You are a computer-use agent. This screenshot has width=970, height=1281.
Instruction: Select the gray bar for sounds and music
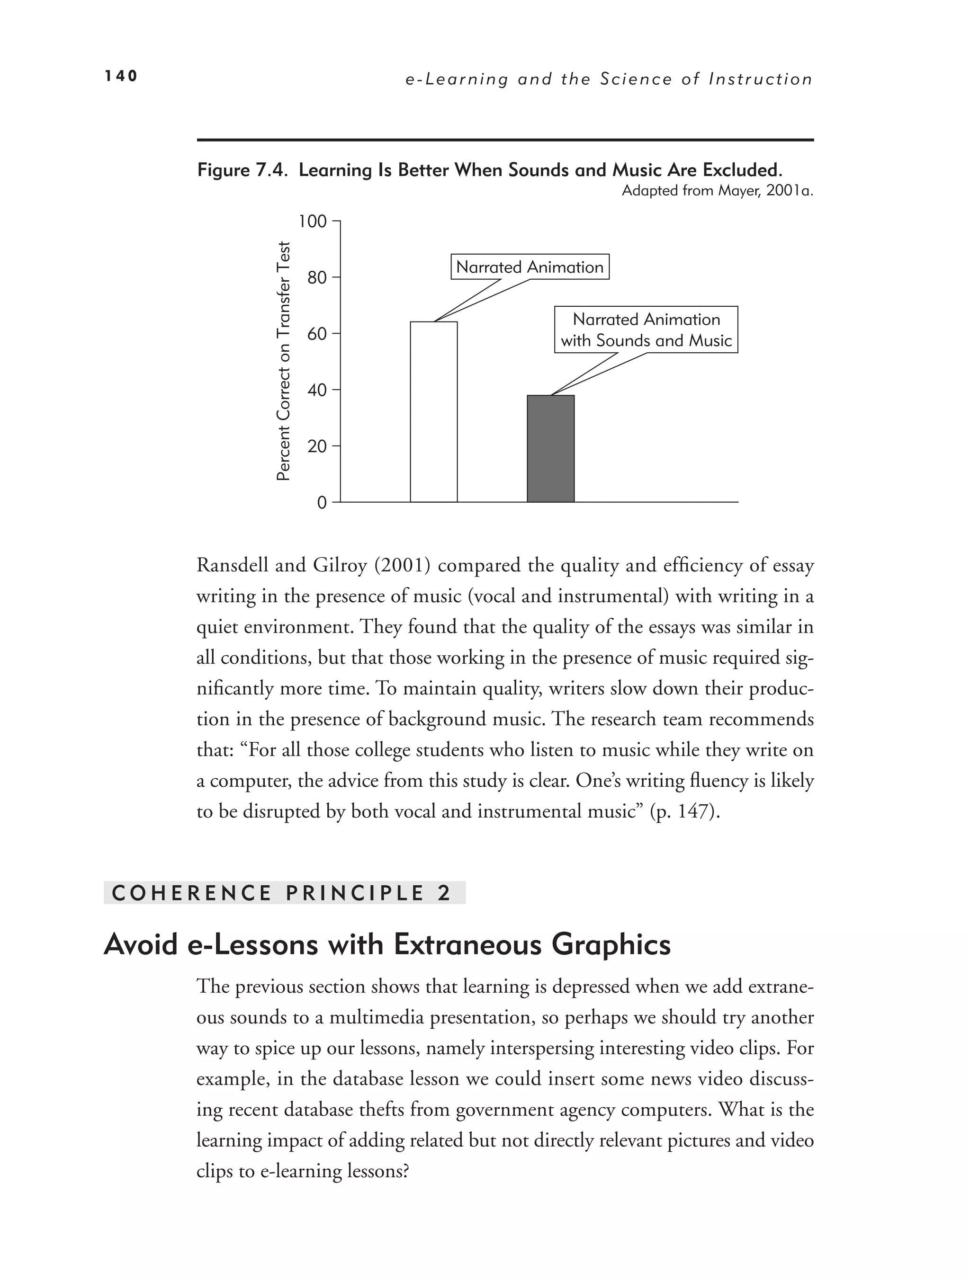tap(550, 448)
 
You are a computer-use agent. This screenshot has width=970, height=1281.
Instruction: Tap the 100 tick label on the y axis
tap(312, 221)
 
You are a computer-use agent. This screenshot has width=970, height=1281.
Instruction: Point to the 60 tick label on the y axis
tap(316, 334)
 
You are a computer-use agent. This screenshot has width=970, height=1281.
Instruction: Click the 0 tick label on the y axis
tap(322, 502)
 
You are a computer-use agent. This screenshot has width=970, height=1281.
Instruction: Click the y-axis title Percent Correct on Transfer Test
tap(283, 361)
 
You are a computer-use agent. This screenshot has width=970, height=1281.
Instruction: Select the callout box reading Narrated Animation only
tap(530, 267)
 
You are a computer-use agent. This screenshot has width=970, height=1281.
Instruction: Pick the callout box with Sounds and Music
tap(646, 329)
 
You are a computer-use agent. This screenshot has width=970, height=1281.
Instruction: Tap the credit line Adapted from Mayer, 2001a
tap(718, 191)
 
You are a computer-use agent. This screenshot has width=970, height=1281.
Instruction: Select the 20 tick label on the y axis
tap(316, 446)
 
